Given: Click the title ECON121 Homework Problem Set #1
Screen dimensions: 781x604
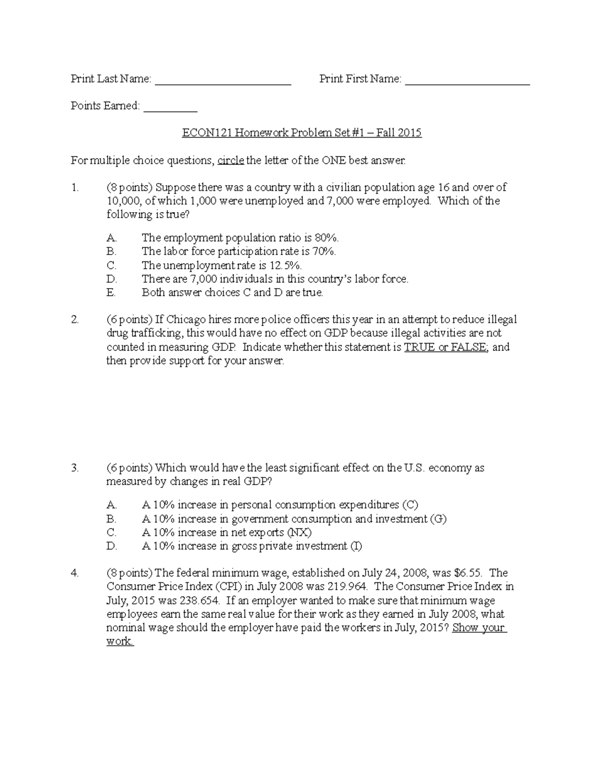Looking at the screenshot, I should (301, 133).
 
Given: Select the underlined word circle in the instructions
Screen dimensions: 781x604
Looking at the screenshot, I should (231, 160).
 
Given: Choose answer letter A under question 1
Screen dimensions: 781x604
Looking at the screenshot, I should (111, 238).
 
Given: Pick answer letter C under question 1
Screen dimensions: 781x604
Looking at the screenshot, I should (111, 265).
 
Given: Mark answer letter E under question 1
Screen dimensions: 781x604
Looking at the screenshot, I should (111, 293).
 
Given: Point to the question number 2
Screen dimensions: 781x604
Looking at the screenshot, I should (74, 319).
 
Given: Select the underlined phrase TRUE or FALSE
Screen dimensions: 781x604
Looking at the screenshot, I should (445, 347).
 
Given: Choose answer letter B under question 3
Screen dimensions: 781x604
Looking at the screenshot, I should (111, 519).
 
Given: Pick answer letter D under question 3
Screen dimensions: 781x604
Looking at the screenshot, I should (111, 546).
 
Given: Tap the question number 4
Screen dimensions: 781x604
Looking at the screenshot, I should (74, 573).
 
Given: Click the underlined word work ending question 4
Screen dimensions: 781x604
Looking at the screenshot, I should (119, 642).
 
